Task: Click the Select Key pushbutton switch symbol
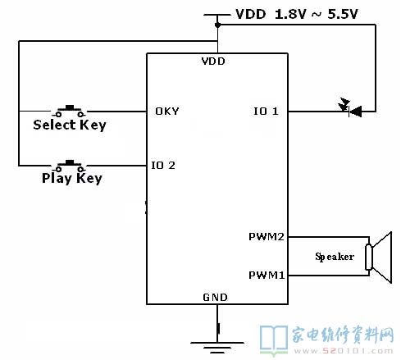click(69, 111)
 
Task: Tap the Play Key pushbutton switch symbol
click(69, 166)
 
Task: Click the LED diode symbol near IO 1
click(350, 108)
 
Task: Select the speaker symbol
click(379, 257)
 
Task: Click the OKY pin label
click(167, 112)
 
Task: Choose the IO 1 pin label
click(266, 112)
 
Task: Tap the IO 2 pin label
click(163, 166)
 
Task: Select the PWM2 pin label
click(267, 237)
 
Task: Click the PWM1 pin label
click(267, 275)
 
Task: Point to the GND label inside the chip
click(215, 297)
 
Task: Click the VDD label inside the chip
click(213, 62)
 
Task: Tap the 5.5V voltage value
click(343, 14)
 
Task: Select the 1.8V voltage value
click(290, 14)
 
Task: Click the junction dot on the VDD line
click(217, 25)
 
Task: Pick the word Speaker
click(335, 257)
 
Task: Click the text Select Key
click(70, 125)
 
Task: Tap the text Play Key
click(72, 178)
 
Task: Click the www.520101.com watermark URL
click(344, 351)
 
